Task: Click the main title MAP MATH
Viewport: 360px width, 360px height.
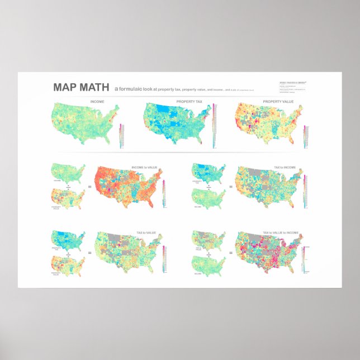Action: click(81, 88)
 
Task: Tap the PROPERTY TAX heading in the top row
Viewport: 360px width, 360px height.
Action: click(189, 102)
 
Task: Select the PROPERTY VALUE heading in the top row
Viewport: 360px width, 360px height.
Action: click(278, 102)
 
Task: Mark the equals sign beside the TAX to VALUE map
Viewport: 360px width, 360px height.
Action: click(92, 253)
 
